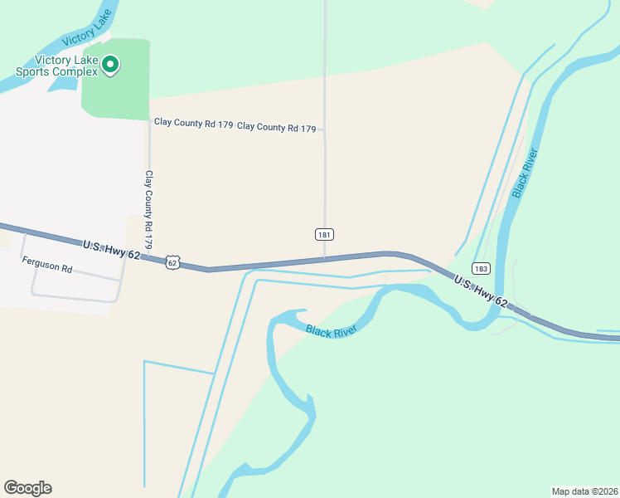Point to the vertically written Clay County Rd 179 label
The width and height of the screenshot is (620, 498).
click(x=149, y=210)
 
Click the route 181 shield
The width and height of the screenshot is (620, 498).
click(x=324, y=235)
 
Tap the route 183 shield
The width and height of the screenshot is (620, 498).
click(x=482, y=268)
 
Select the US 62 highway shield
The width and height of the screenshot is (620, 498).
click(x=172, y=261)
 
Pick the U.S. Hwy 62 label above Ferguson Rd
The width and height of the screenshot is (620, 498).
click(x=111, y=249)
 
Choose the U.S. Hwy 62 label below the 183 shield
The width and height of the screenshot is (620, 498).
click(x=481, y=292)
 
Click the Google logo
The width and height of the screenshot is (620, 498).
click(x=27, y=488)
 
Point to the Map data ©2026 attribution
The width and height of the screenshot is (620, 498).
click(x=584, y=491)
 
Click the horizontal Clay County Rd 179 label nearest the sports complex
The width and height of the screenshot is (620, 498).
click(x=193, y=123)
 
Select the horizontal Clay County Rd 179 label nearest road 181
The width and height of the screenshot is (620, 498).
click(x=277, y=128)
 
